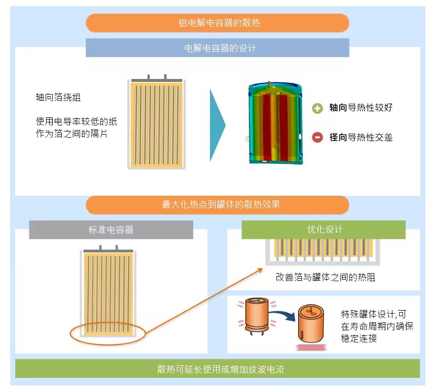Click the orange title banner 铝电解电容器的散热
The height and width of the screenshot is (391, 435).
click(218, 23)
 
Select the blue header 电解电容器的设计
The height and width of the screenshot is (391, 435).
click(218, 48)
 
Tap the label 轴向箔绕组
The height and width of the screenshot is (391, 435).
click(58, 97)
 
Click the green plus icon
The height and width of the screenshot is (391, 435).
click(318, 108)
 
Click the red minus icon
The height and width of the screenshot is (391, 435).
click(318, 137)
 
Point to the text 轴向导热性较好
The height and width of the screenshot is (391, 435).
click(361, 108)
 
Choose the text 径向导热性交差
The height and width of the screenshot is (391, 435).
click(361, 137)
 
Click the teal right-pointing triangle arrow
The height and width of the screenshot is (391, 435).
click(218, 125)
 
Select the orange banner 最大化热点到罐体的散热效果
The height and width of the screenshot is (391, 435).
click(218, 205)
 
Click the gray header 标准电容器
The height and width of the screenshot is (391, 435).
click(111, 230)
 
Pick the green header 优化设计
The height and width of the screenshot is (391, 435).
click(324, 230)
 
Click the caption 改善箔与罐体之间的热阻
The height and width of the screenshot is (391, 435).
click(326, 277)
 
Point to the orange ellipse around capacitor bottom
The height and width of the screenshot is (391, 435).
click(108, 345)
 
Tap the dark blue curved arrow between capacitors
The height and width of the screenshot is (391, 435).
click(283, 315)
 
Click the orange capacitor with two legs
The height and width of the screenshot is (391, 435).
click(257, 315)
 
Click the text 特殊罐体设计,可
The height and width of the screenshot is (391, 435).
click(374, 314)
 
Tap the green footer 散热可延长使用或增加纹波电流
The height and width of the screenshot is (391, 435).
click(218, 369)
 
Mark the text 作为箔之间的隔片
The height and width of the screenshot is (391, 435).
click(71, 134)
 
